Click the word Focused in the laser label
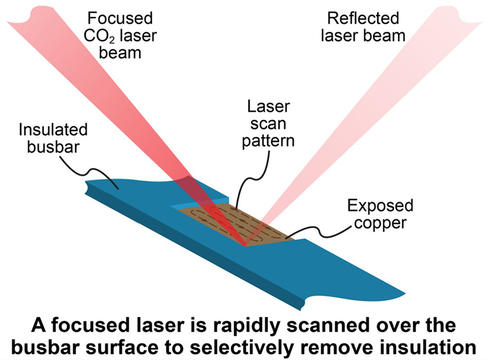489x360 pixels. [120, 19]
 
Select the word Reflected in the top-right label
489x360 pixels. [363, 19]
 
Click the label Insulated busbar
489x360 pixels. [53, 136]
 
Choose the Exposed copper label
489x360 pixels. [380, 214]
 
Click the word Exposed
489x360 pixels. [380, 206]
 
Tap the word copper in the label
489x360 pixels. [380, 224]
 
